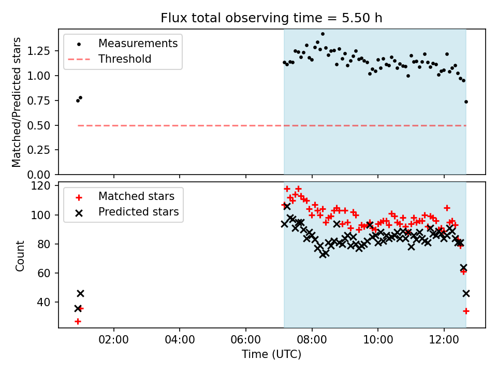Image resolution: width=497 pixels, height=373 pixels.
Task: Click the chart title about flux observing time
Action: pos(271,18)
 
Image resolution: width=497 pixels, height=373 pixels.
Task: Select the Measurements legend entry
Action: pos(138,43)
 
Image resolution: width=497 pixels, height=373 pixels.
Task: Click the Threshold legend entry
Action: pos(125,59)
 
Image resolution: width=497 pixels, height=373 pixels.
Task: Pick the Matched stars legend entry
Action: pos(136,196)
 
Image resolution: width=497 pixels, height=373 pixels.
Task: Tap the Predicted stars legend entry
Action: pos(138,212)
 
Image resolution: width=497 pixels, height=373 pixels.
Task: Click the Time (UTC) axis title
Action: pos(271,355)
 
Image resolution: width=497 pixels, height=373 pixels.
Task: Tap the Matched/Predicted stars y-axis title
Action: pos(17,102)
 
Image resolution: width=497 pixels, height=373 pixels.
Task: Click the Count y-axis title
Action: pos(20,256)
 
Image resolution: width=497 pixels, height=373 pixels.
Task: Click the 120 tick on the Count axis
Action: pos(42,186)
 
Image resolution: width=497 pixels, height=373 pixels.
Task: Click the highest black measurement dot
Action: pos(323,34)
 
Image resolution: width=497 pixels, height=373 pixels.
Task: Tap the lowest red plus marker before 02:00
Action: pos(78,321)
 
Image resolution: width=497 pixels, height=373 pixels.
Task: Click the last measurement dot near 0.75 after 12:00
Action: pos(466,102)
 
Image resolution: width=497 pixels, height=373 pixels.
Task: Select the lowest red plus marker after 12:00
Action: pos(466,311)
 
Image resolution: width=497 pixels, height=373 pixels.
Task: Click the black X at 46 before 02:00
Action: pos(80,293)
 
